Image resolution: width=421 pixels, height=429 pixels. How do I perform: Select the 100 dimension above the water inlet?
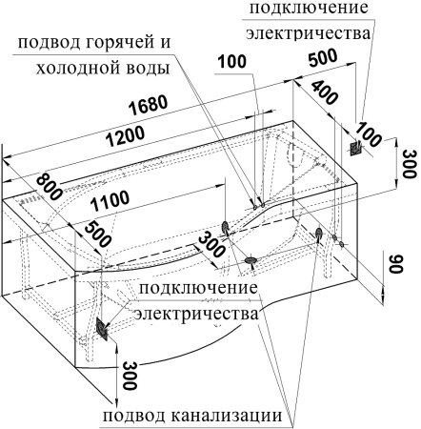click(x=231, y=64)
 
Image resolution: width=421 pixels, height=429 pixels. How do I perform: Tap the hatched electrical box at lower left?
click(x=103, y=330)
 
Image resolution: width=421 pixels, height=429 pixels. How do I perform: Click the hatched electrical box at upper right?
click(x=355, y=148)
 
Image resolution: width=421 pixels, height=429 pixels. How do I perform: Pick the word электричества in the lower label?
click(x=195, y=314)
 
